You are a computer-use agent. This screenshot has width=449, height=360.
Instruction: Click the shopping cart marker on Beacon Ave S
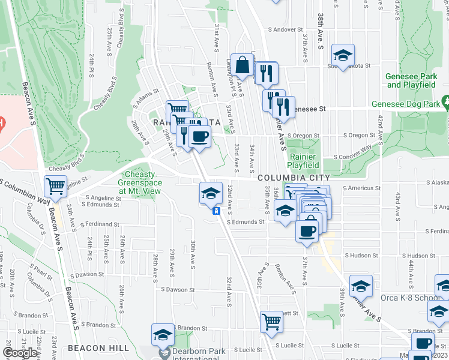(55, 186)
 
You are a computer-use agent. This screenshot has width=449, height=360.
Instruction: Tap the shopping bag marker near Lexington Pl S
(243, 65)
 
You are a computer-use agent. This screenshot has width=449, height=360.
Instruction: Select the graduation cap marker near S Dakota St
(343, 55)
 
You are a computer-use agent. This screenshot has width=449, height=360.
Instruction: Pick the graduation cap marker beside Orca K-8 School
(361, 285)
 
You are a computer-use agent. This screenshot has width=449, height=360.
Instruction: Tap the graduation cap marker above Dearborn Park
(163, 334)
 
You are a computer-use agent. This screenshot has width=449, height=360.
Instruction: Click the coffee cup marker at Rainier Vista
(199, 136)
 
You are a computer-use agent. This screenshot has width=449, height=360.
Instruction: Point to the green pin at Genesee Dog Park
(445, 102)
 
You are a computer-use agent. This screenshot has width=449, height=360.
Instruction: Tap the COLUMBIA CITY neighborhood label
(294, 178)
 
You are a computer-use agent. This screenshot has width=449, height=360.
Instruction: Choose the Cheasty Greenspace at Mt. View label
(139, 182)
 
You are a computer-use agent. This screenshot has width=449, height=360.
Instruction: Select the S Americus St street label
(363, 188)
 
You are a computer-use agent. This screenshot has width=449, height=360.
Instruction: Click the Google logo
(20, 353)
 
